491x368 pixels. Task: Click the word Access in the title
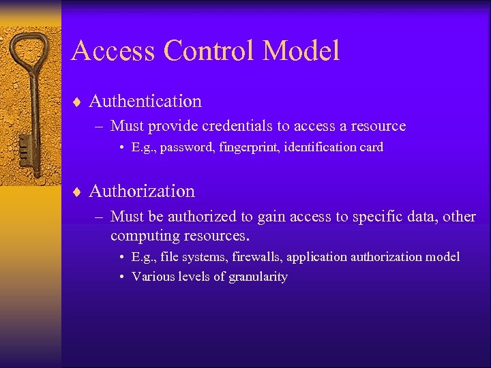pos(112,51)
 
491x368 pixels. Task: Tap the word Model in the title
pos(301,51)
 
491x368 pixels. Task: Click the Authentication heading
pos(145,102)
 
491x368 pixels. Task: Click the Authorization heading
pos(142,191)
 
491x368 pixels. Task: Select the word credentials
pos(231,126)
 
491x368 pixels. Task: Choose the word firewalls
pos(257,257)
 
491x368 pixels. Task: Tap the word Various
pos(152,277)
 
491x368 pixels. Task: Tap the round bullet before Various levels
pos(120,277)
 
